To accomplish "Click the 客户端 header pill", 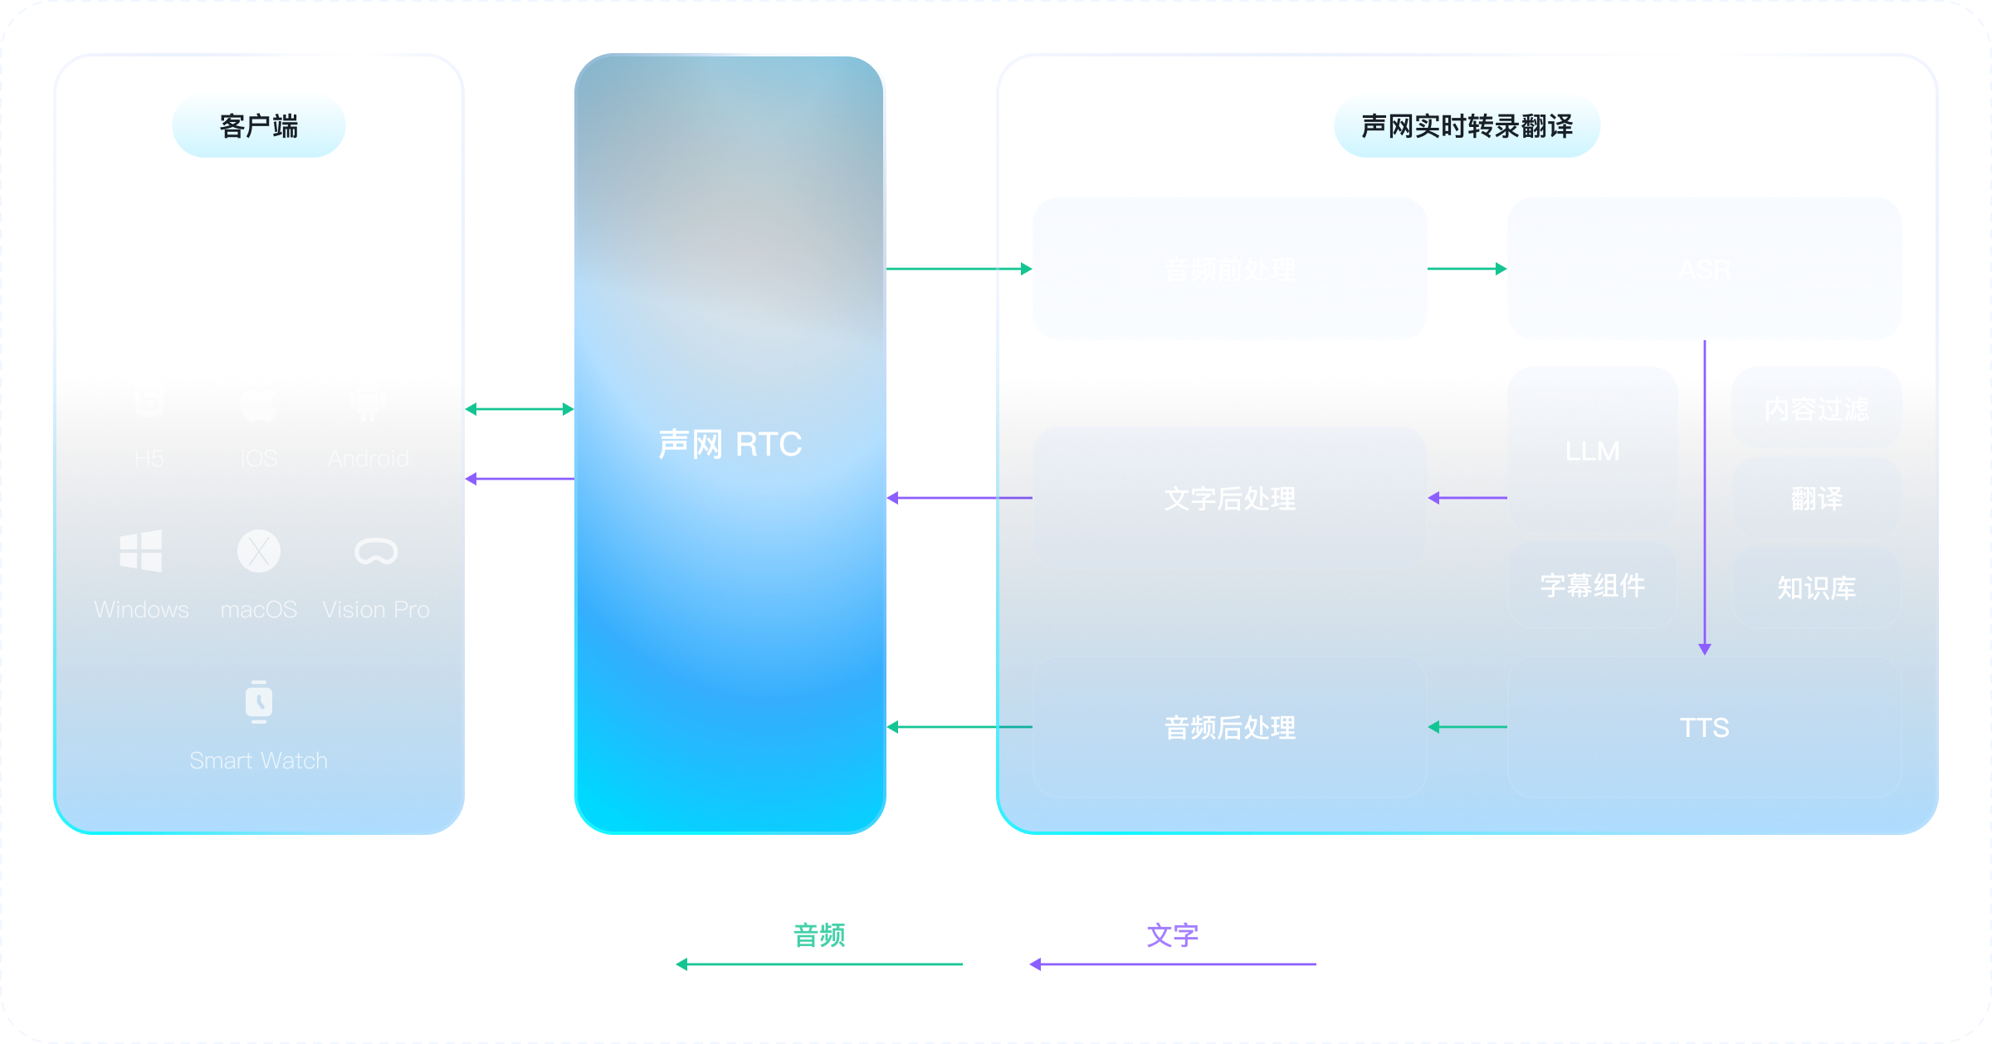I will pyautogui.click(x=259, y=125).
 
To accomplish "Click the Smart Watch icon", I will pyautogui.click(x=259, y=702).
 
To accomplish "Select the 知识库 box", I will pyautogui.click(x=1816, y=588).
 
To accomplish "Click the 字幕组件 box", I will pyautogui.click(x=1592, y=585).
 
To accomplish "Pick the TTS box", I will pyautogui.click(x=1704, y=727).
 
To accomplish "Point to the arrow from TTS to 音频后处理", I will pyautogui.click(x=1467, y=727).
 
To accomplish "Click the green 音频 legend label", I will pyautogui.click(x=819, y=935).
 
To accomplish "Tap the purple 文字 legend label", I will pyautogui.click(x=1172, y=935).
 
